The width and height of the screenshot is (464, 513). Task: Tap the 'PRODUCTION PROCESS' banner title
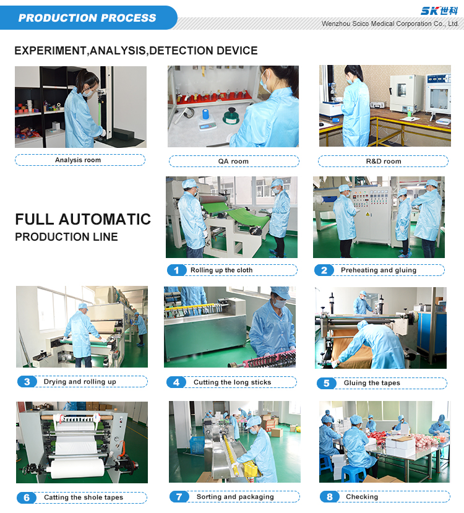87,18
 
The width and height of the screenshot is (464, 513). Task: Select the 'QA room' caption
233,162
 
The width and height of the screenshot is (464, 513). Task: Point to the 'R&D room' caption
384,162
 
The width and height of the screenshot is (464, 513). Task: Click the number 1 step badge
177,270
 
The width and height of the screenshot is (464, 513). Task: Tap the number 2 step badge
324,270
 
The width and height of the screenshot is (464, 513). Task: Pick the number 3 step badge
27,382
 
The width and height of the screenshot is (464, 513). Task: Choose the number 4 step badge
176,382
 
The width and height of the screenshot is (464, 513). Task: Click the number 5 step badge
327,383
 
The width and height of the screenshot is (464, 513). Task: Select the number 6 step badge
27,498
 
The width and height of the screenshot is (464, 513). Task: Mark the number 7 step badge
179,497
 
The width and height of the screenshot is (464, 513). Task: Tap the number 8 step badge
330,497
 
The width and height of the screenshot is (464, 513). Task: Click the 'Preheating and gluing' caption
379,270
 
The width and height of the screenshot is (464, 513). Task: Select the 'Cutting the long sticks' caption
232,382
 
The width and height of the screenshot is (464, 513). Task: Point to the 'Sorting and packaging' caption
235,497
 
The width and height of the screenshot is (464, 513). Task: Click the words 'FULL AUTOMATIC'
83,220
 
